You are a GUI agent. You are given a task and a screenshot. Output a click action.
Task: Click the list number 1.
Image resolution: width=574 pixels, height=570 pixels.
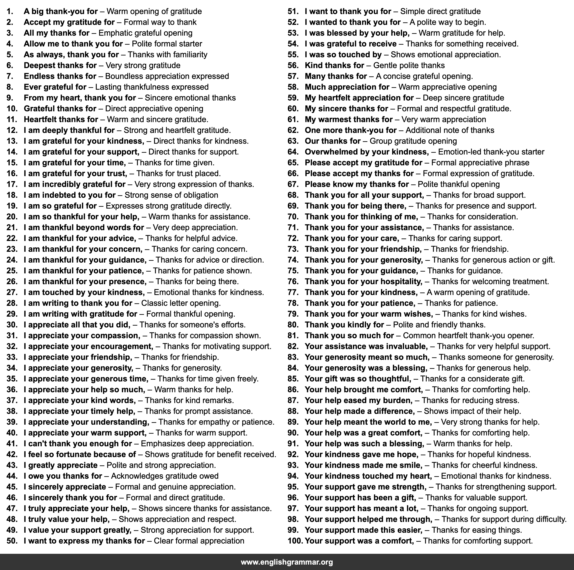[x=10, y=12]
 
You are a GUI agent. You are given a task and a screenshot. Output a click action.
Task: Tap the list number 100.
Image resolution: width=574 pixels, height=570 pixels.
[x=295, y=541]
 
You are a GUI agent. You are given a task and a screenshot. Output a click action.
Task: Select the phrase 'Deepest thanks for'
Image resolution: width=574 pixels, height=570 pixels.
[x=60, y=65]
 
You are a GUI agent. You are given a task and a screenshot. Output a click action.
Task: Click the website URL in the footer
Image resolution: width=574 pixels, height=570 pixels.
[x=287, y=562]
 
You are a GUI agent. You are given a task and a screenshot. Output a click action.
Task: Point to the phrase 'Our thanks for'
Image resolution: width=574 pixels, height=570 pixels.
[x=332, y=141]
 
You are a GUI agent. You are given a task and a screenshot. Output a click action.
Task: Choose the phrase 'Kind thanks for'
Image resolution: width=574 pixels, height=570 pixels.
[x=334, y=65]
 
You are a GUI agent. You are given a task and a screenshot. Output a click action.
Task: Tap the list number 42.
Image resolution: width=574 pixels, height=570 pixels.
[x=12, y=454]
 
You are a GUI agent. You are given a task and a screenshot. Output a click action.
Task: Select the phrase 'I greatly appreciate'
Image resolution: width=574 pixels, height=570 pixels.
[x=61, y=465]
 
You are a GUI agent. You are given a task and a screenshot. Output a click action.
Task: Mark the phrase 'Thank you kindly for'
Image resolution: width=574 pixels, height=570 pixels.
[x=344, y=325]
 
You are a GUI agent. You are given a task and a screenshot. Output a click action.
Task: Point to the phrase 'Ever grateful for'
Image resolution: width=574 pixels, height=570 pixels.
[x=55, y=87]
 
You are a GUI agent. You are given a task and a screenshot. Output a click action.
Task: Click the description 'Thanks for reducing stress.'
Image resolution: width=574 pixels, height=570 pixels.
[x=470, y=400]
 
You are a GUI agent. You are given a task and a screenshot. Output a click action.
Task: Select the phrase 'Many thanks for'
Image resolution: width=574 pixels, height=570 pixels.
[x=336, y=76]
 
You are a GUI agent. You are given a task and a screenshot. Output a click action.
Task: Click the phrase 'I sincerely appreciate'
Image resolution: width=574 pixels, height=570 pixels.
[x=65, y=487]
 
